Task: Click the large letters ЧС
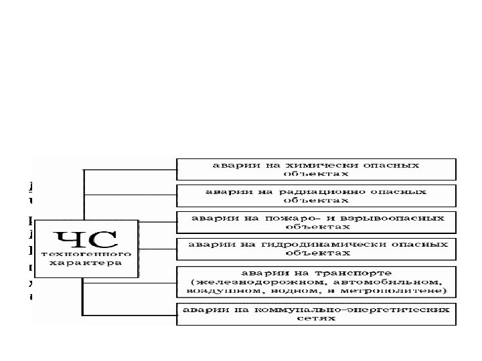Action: tap(85, 239)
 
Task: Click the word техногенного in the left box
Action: tap(85, 255)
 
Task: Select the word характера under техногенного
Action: tap(85, 263)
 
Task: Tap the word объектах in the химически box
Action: tap(316, 172)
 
